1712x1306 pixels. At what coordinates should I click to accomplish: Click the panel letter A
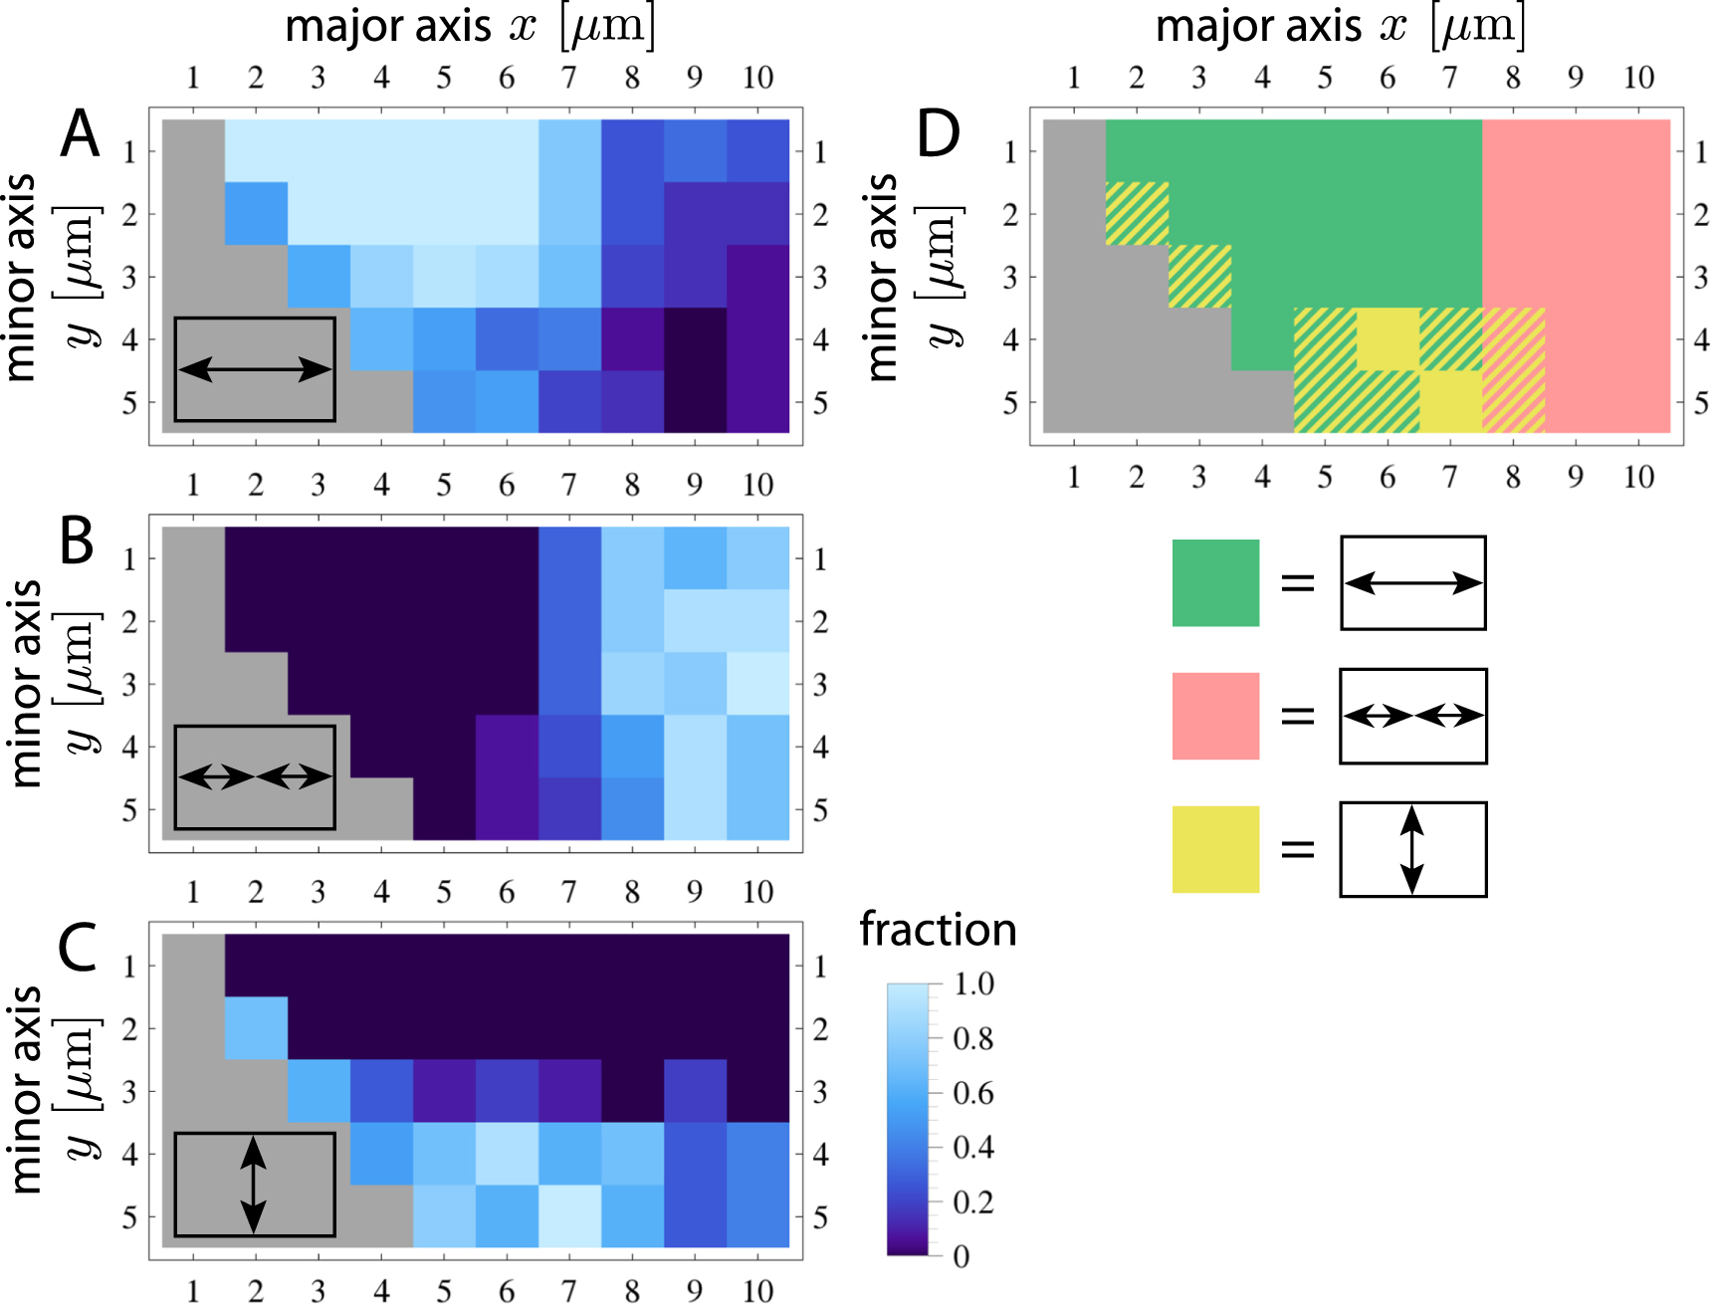tap(81, 133)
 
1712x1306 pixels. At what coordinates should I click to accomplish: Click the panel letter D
tap(938, 133)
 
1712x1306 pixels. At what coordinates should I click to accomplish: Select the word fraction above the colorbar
tap(938, 930)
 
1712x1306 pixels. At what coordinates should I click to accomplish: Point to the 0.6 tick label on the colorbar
tap(972, 1093)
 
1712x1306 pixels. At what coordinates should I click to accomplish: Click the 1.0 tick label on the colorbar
tap(973, 984)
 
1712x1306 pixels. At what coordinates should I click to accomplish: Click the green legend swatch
tap(1215, 583)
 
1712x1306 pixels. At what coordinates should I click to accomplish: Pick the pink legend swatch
tap(1215, 716)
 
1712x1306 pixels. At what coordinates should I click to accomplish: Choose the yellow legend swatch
tap(1215, 849)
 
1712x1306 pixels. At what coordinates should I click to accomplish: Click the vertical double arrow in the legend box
tap(1411, 849)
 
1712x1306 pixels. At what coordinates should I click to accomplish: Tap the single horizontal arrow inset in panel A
tap(255, 370)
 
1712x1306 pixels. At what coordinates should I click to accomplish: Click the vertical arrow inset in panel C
tap(254, 1185)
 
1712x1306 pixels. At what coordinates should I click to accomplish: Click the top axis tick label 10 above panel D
tap(1638, 78)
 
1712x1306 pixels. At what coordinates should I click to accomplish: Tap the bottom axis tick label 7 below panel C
tap(568, 1290)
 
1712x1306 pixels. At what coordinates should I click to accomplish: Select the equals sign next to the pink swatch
tap(1298, 716)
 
